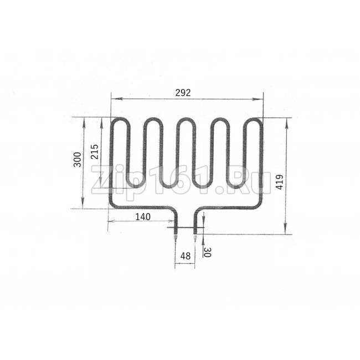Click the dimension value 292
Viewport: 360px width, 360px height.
coord(183,92)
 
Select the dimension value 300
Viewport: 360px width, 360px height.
coord(78,160)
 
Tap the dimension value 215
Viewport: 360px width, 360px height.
coord(94,152)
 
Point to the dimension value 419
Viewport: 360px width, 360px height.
coord(279,182)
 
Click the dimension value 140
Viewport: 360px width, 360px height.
coord(143,217)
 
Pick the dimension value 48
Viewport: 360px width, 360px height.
coord(186,256)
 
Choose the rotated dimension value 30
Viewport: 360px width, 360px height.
coord(207,253)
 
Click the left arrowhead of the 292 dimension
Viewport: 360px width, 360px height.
coord(116,99)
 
